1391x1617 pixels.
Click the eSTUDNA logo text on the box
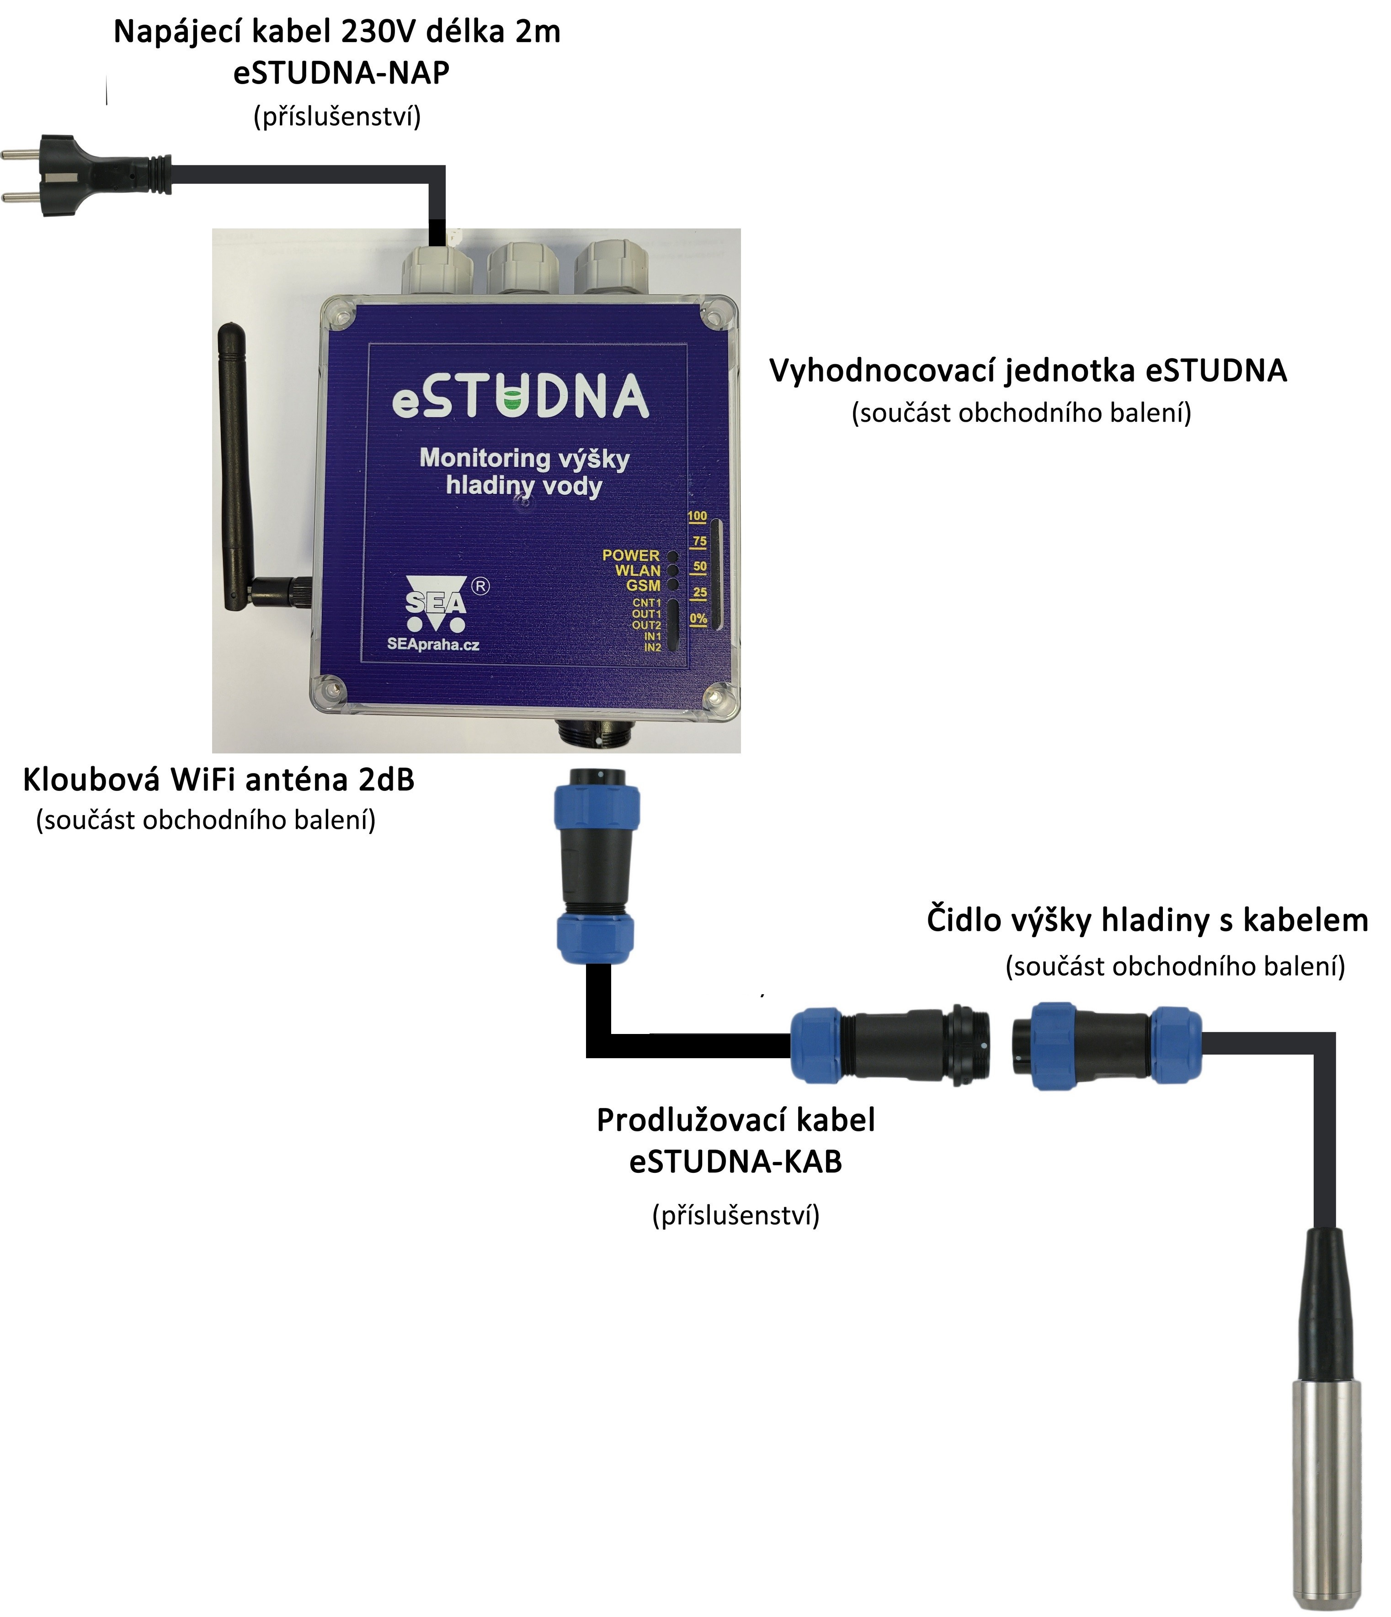coord(520,397)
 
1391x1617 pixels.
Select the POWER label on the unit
coord(631,555)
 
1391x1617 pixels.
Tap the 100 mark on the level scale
coord(697,516)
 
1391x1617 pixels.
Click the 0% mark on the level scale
coord(698,619)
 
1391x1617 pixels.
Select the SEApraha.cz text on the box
coord(433,645)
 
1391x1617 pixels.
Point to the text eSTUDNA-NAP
coord(341,74)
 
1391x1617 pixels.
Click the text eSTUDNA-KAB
coord(735,1162)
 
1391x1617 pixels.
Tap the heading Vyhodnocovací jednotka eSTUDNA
coord(1028,370)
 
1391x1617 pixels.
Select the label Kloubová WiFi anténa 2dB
coord(219,779)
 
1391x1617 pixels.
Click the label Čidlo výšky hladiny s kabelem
coord(1147,920)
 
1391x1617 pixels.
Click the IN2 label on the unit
coord(653,647)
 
